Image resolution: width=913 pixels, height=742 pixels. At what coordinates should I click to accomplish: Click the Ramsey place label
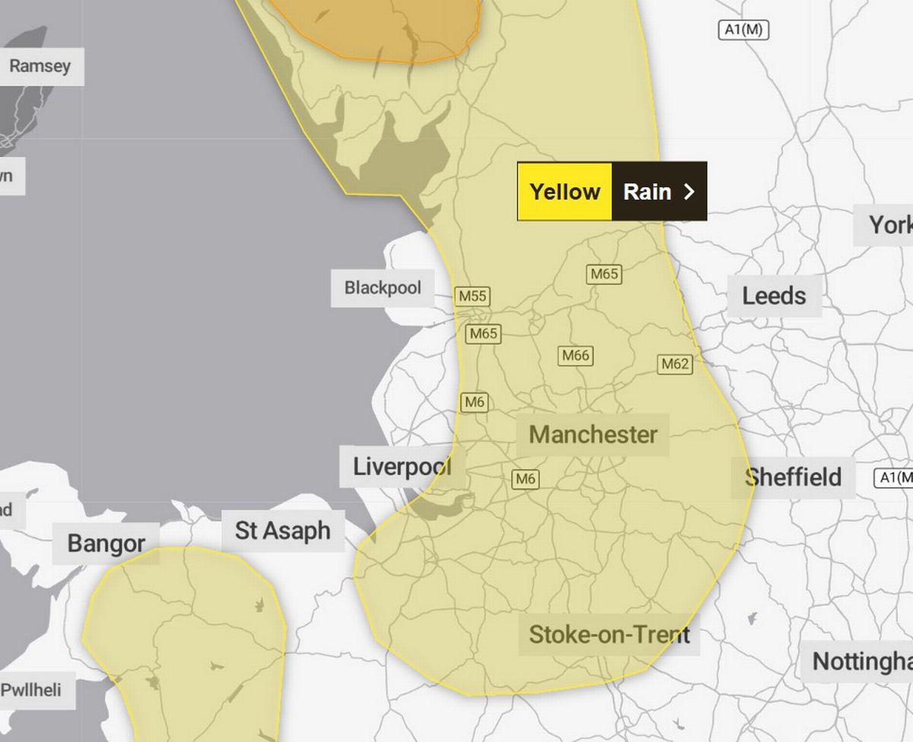point(40,66)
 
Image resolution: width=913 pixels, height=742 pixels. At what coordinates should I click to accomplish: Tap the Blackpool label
point(382,288)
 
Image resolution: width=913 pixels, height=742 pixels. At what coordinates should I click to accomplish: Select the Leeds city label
point(774,296)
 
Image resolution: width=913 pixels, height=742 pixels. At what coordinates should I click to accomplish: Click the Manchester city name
point(593,435)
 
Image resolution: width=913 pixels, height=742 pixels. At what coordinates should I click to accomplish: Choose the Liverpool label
point(402,466)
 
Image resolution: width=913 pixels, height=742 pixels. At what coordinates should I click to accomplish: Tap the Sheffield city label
point(793,477)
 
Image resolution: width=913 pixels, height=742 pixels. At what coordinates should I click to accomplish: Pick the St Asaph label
point(282,531)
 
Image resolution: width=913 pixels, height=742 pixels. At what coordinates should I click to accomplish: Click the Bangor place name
point(106,544)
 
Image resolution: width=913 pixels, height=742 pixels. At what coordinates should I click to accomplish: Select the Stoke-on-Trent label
point(609,634)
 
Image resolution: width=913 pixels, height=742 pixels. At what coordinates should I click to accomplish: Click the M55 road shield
point(472,296)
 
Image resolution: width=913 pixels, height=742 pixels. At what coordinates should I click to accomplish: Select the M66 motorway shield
point(576,355)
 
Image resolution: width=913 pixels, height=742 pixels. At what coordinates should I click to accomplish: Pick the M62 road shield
point(674,364)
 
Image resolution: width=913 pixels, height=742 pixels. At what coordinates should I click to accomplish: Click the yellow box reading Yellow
point(565,192)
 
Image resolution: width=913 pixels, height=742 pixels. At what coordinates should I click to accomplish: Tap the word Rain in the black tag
point(647,192)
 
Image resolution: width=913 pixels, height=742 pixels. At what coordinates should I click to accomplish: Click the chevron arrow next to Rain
point(689,192)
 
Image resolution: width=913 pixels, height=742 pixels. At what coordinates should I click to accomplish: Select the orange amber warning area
point(380,27)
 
